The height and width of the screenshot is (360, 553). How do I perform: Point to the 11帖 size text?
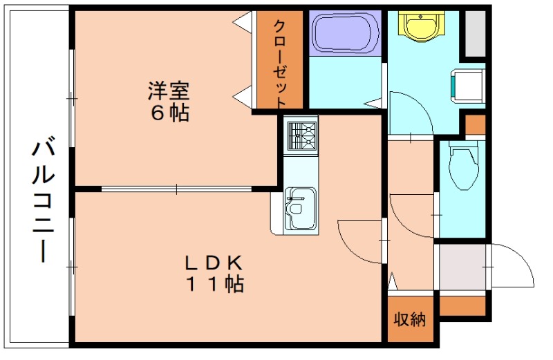pos(214,283)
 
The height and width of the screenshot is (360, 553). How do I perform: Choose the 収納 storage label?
pos(411,319)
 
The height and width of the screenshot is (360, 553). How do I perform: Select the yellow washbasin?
pos(420,26)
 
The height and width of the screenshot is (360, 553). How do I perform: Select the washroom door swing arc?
pos(412,114)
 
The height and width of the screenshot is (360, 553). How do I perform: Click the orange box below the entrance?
pos(462,305)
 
